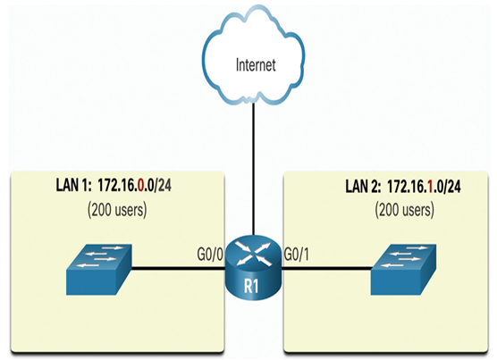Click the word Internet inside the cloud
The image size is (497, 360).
[x=256, y=64]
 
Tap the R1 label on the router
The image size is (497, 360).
[x=251, y=286]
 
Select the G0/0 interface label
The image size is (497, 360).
[x=210, y=255]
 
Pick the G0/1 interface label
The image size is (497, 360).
[x=297, y=255]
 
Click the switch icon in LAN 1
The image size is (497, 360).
[x=99, y=270]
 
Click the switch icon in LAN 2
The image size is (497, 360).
[x=403, y=270]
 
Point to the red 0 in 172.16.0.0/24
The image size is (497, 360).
[x=140, y=185]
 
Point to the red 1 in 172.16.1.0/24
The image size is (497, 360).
[x=430, y=186]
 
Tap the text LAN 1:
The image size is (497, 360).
[x=73, y=185]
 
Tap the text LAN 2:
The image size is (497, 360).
[x=363, y=186]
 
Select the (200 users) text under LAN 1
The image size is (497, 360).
[x=117, y=210]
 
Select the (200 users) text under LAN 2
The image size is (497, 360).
[x=404, y=210]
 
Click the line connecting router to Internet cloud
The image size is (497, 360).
[x=253, y=169]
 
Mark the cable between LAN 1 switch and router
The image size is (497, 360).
[x=178, y=269]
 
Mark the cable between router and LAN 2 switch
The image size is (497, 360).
[x=326, y=269]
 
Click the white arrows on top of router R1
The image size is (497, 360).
[x=253, y=254]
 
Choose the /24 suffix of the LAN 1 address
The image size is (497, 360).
[x=163, y=185]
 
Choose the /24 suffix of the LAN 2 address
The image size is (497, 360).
[x=452, y=186]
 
